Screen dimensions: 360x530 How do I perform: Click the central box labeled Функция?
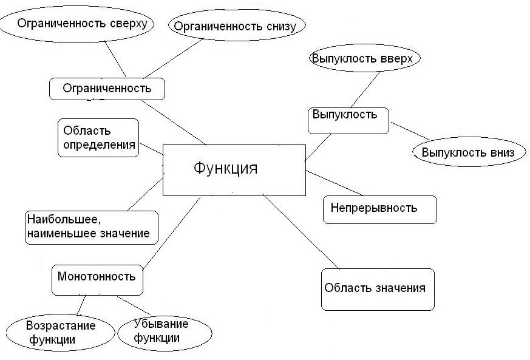coord(234,169)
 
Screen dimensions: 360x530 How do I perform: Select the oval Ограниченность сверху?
coord(76,24)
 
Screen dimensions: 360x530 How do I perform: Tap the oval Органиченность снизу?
coord(236,25)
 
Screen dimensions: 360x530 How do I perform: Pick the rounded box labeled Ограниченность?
coord(107,89)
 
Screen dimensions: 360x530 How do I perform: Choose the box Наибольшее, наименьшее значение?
coord(92,227)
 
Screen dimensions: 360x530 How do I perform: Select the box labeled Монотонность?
coord(97,277)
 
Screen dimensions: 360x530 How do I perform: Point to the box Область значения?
coord(377,289)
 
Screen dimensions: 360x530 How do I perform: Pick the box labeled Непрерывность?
coord(379,209)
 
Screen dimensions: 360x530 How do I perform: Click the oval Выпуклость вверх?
coord(364,59)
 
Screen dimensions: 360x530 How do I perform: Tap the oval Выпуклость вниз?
coord(467,152)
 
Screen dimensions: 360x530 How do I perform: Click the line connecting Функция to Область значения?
coord(300,232)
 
